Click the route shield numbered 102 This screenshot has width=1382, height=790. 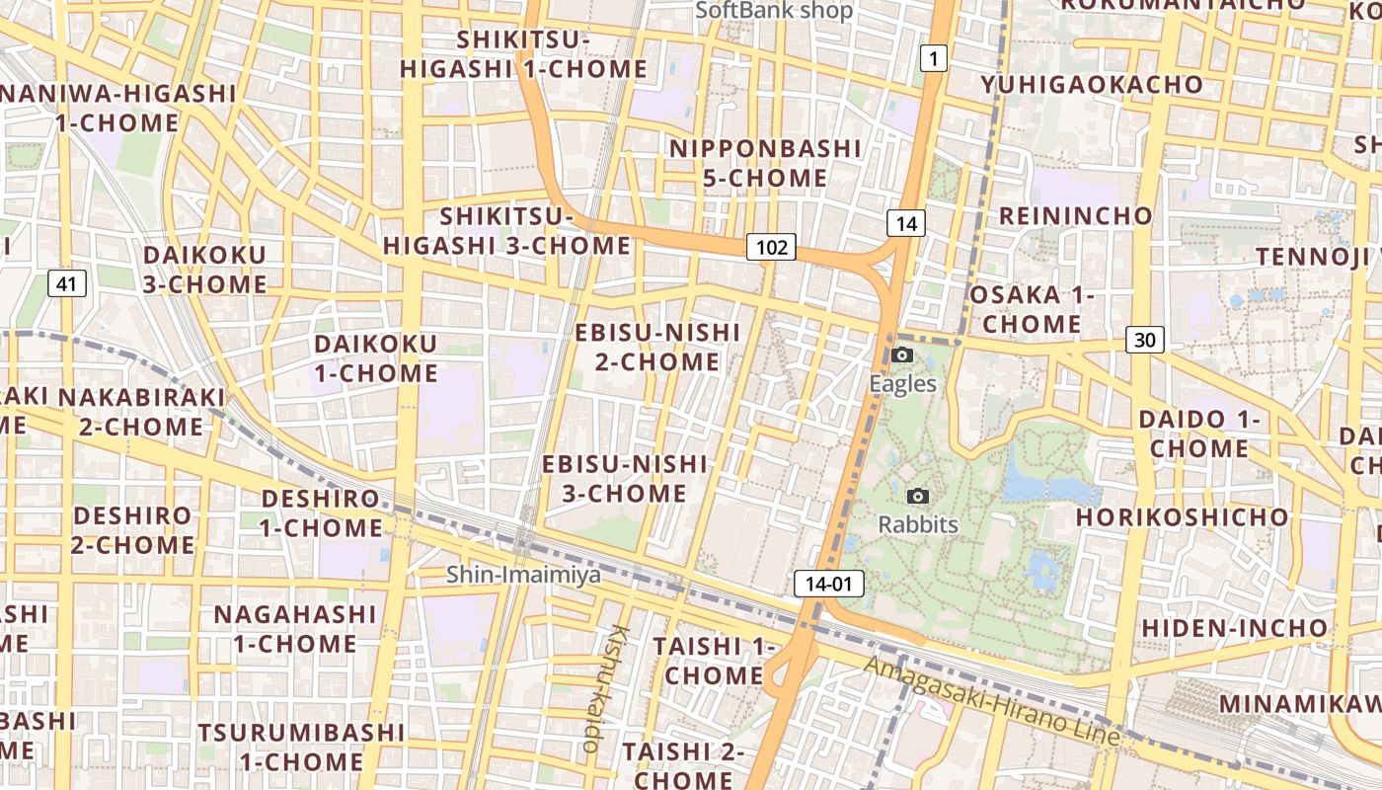click(770, 247)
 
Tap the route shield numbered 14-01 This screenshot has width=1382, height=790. click(828, 584)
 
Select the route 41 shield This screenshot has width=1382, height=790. click(66, 284)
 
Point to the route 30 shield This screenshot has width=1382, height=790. click(1144, 340)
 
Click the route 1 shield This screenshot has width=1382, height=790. click(933, 59)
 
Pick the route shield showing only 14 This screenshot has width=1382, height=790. click(906, 224)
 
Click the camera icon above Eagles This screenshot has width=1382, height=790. click(902, 355)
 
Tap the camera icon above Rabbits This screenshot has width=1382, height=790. click(918, 497)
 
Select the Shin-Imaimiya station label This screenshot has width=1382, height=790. click(523, 574)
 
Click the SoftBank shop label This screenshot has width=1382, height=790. click(774, 11)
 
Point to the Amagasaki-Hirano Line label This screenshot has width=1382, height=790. click(992, 701)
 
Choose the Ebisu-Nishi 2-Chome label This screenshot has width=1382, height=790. click(657, 347)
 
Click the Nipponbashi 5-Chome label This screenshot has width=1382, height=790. click(765, 163)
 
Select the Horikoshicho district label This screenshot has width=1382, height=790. click(1182, 516)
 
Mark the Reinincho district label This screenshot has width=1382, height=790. click(1076, 215)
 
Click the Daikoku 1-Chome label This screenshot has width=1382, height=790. click(376, 358)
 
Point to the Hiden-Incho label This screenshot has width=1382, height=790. click(1235, 627)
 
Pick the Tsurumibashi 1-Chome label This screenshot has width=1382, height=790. click(301, 747)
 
